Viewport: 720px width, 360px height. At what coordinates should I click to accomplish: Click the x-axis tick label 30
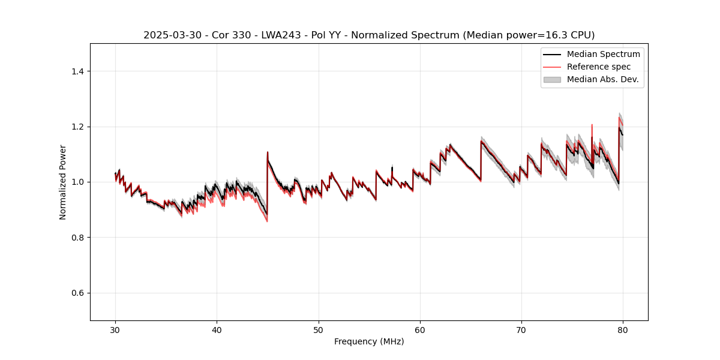115,330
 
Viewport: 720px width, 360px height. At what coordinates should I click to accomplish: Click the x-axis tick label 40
217,330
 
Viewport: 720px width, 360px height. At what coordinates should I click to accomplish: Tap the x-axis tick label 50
319,330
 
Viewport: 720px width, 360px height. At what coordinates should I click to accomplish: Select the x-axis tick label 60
420,330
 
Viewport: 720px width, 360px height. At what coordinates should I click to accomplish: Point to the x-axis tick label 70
521,330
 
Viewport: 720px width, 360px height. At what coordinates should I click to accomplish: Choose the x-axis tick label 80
623,330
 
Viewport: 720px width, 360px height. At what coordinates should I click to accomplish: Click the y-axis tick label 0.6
77,293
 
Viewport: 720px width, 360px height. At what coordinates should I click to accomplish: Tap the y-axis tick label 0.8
77,238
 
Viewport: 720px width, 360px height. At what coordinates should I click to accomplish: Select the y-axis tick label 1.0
77,182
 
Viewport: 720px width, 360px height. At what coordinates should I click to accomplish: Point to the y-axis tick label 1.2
77,127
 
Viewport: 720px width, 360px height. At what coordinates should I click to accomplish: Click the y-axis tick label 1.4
77,71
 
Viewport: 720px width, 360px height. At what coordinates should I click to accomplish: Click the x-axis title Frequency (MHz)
369,342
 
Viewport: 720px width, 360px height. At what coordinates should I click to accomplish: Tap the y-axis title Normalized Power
63,182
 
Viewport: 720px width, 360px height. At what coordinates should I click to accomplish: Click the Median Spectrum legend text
603,54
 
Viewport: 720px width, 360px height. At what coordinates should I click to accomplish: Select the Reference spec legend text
598,67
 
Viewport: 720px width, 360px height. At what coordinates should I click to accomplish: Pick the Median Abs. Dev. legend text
602,79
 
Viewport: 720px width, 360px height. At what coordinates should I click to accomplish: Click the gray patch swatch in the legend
552,79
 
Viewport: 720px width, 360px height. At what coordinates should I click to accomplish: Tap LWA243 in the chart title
277,35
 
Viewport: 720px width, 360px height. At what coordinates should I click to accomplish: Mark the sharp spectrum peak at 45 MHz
268,152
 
